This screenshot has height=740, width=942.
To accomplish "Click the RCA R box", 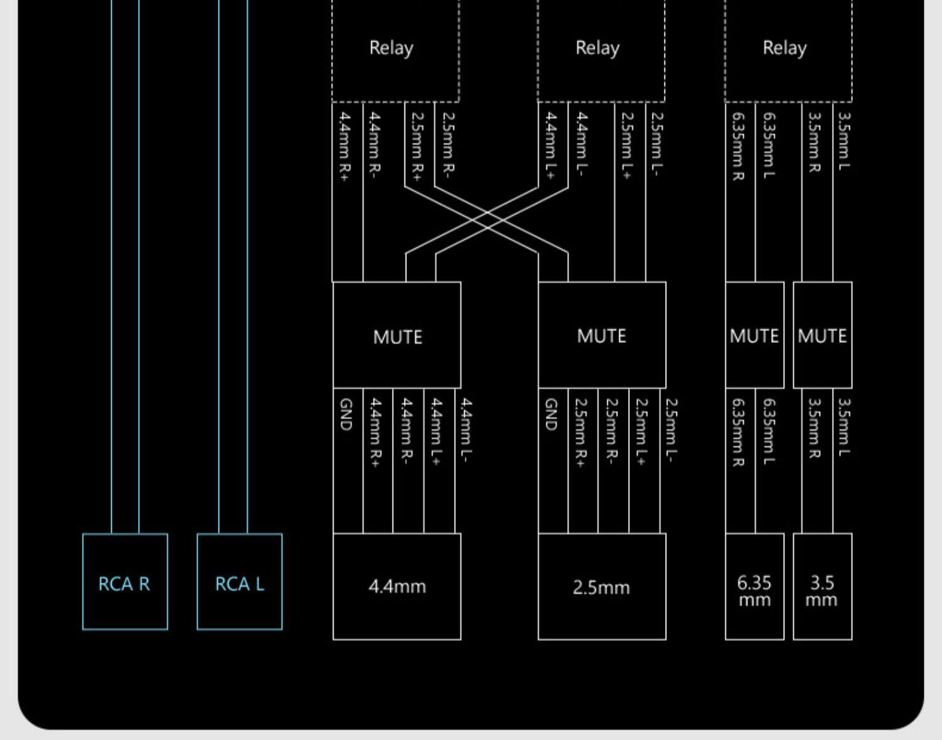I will click(x=125, y=582).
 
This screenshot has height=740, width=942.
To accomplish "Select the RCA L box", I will click(x=239, y=582).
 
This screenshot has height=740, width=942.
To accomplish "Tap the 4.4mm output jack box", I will click(x=397, y=587).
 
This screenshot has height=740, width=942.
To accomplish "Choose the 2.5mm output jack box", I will click(x=602, y=587).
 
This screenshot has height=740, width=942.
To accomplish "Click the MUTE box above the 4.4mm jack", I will click(x=397, y=335).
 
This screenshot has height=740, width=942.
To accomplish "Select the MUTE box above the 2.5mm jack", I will click(x=602, y=335).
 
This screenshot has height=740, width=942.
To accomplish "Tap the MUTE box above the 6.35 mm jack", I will click(x=754, y=335).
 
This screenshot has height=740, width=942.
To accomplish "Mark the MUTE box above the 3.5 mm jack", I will click(x=822, y=335).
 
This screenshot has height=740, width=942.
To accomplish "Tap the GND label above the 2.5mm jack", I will click(x=551, y=415).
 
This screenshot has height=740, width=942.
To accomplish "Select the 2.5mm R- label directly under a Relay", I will click(x=448, y=143).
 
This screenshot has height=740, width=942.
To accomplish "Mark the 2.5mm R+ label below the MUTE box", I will click(x=581, y=432).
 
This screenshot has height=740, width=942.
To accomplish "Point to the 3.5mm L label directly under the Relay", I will click(x=845, y=141).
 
